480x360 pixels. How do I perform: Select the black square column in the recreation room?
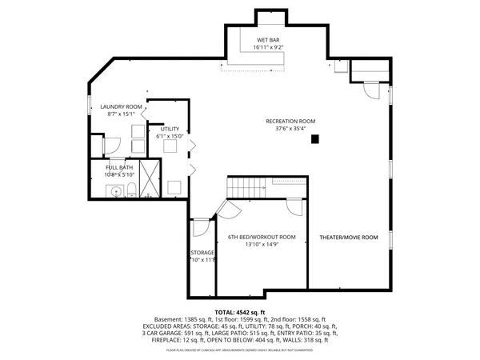tap(316, 139)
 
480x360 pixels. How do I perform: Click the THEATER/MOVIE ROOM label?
tap(348, 238)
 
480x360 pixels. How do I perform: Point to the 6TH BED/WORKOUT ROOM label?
tap(262, 237)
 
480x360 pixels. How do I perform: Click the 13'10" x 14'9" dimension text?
tap(262, 246)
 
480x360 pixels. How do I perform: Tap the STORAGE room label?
tap(202, 253)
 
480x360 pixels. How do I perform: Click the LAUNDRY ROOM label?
tap(121, 106)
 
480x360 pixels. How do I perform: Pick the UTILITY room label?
tap(170, 129)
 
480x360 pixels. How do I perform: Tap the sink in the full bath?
tap(116, 190)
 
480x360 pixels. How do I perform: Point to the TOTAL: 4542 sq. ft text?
tap(239, 311)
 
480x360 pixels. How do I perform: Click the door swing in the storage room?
tap(201, 227)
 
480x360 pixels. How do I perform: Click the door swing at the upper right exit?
tap(370, 91)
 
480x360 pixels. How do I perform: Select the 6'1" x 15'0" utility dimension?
tap(170, 137)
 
